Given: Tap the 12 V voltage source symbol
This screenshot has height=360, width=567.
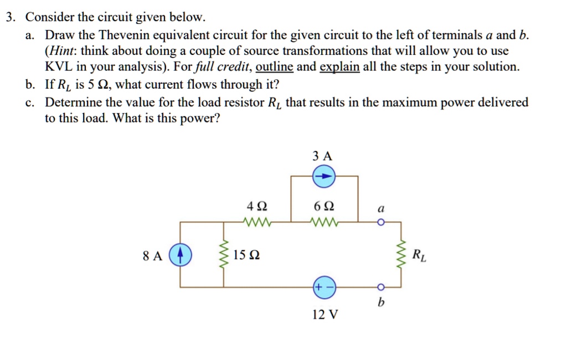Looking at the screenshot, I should [324, 287].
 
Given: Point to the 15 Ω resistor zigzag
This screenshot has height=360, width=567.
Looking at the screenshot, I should [225, 255].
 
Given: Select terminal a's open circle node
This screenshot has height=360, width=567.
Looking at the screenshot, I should [380, 223].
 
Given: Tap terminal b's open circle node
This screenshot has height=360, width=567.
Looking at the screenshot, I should [380, 287].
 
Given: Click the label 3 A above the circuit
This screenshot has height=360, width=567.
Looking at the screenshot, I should [323, 156].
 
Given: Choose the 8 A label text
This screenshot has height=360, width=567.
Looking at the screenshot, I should [152, 256].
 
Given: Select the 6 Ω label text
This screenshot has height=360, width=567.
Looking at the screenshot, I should [323, 207].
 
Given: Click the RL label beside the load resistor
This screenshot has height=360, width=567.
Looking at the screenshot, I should [420, 255].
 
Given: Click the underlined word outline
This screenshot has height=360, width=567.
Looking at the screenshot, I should [275, 67].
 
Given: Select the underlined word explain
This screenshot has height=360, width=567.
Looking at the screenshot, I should [340, 67].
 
